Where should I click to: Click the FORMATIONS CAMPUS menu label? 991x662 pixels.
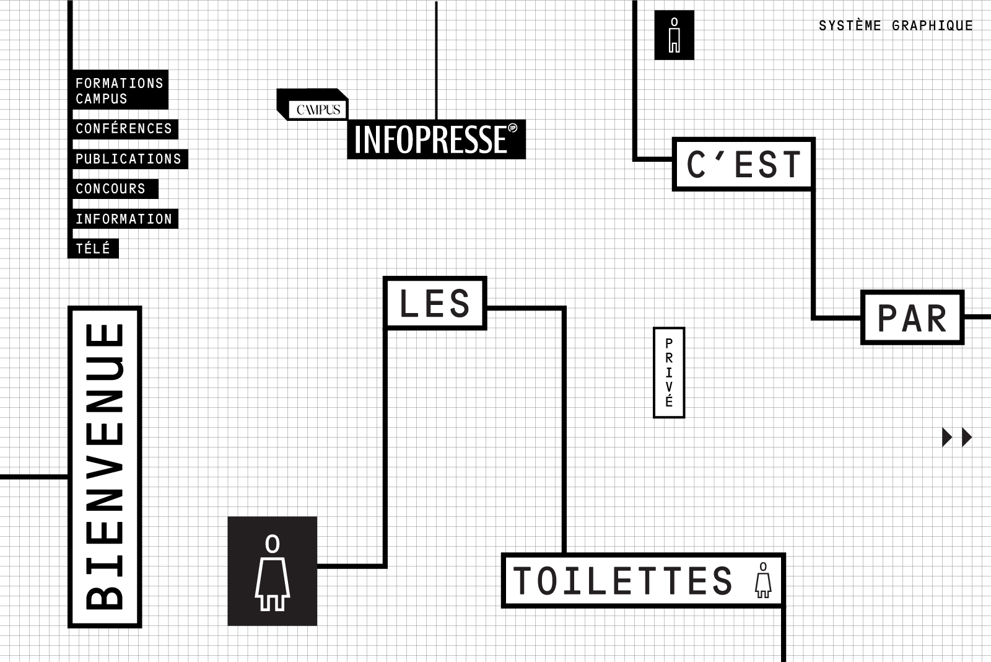click(x=119, y=90)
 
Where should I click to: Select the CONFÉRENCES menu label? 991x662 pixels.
click(x=124, y=129)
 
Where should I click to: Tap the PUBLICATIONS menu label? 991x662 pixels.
click(x=128, y=159)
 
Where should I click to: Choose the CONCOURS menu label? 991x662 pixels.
click(x=111, y=189)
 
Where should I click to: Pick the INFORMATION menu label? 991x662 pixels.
click(x=124, y=219)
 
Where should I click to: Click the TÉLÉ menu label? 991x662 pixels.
click(x=93, y=249)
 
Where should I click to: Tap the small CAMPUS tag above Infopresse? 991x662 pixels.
click(x=318, y=110)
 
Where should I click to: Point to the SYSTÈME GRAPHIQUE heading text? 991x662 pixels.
click(x=896, y=26)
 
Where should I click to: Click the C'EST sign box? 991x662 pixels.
click(x=743, y=164)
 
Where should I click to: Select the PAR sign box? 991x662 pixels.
click(x=912, y=318)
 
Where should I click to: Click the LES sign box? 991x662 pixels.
click(x=435, y=303)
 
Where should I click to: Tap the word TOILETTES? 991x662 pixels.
click(x=623, y=581)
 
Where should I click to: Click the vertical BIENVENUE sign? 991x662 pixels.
click(x=105, y=466)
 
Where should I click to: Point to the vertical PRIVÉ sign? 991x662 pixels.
click(x=669, y=373)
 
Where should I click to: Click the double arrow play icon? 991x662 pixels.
click(x=957, y=437)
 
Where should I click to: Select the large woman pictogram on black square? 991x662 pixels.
click(x=273, y=571)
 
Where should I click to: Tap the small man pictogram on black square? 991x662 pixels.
click(x=674, y=35)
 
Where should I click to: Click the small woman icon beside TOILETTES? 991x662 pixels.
click(x=763, y=580)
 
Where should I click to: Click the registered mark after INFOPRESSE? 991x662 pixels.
click(x=512, y=129)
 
